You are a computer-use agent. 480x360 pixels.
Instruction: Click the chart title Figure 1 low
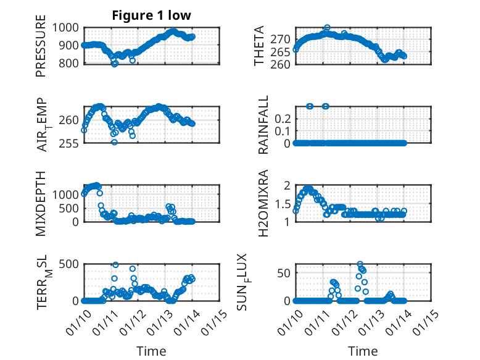pos(151,15)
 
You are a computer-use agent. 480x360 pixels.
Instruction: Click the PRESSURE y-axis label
pos(41,49)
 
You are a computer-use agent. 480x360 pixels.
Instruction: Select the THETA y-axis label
pos(260,46)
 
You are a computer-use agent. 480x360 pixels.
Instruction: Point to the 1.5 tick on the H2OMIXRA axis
pos(282,204)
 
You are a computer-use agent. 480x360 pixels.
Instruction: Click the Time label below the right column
pos(363,351)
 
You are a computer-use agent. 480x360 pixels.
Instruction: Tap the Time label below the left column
pos(151,351)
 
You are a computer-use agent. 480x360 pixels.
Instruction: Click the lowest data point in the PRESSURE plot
pos(115,64)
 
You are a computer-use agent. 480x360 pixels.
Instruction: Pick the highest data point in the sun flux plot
pos(360,264)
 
